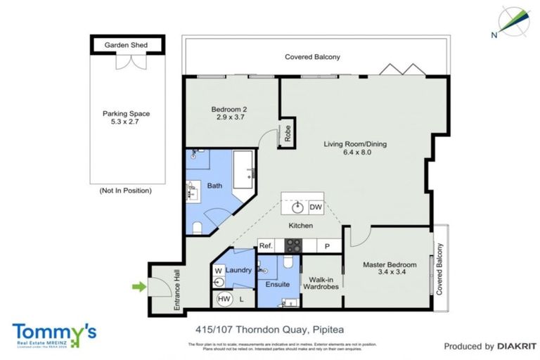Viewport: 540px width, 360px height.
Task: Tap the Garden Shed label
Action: pyautogui.click(x=126, y=45)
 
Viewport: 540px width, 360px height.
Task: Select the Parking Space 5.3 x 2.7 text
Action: pyautogui.click(x=126, y=118)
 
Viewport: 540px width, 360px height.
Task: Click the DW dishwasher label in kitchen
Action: pyautogui.click(x=315, y=207)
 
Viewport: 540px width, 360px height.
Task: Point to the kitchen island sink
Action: pyautogui.click(x=298, y=207)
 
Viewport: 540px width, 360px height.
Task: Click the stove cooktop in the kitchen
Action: pyautogui.click(x=293, y=245)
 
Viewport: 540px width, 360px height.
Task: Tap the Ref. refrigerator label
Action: pyautogui.click(x=266, y=246)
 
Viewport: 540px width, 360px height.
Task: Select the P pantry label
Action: pyautogui.click(x=327, y=246)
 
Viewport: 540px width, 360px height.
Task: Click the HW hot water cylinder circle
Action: pyautogui.click(x=224, y=299)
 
